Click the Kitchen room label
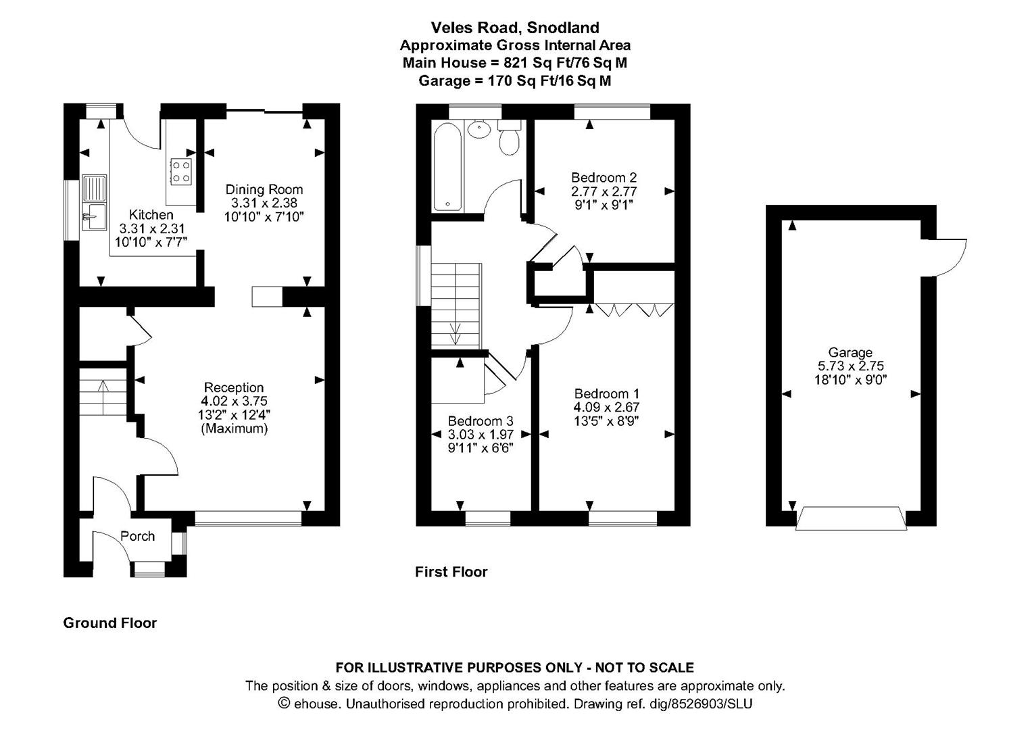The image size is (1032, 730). pyautogui.click(x=151, y=215)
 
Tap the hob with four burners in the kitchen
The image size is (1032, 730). pyautogui.click(x=180, y=171)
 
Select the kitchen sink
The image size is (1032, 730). pyautogui.click(x=94, y=202)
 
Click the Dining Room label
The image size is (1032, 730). pyautogui.click(x=264, y=190)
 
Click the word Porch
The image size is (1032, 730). pyautogui.click(x=137, y=536)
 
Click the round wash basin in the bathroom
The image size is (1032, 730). pyautogui.click(x=479, y=129)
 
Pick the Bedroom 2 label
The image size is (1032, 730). pyautogui.click(x=604, y=177)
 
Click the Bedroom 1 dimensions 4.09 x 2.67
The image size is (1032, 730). pyautogui.click(x=606, y=407)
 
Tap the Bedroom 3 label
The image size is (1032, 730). pyautogui.click(x=475, y=421)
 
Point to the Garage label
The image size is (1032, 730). pyautogui.click(x=850, y=352)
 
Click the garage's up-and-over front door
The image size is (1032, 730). pyautogui.click(x=850, y=518)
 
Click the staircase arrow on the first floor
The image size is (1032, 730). pyautogui.click(x=456, y=333)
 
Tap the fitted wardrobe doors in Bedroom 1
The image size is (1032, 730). pyautogui.click(x=633, y=310)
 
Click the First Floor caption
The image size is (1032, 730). pyautogui.click(x=451, y=572)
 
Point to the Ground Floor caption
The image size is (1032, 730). pyautogui.click(x=109, y=623)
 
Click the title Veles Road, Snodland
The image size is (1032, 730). pyautogui.click(x=515, y=28)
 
